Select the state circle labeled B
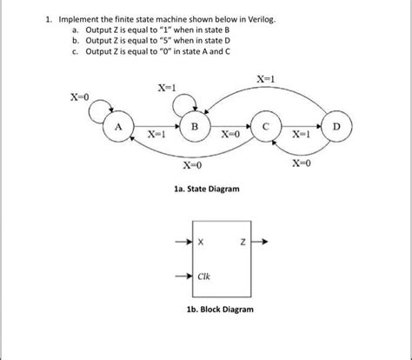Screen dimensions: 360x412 tap(195, 128)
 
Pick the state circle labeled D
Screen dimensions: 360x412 tap(336, 128)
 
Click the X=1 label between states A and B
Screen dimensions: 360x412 tap(156, 136)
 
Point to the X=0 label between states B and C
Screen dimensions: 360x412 tap(229, 136)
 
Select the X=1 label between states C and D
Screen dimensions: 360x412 tap(301, 136)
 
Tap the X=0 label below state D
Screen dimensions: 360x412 tap(302, 163)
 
